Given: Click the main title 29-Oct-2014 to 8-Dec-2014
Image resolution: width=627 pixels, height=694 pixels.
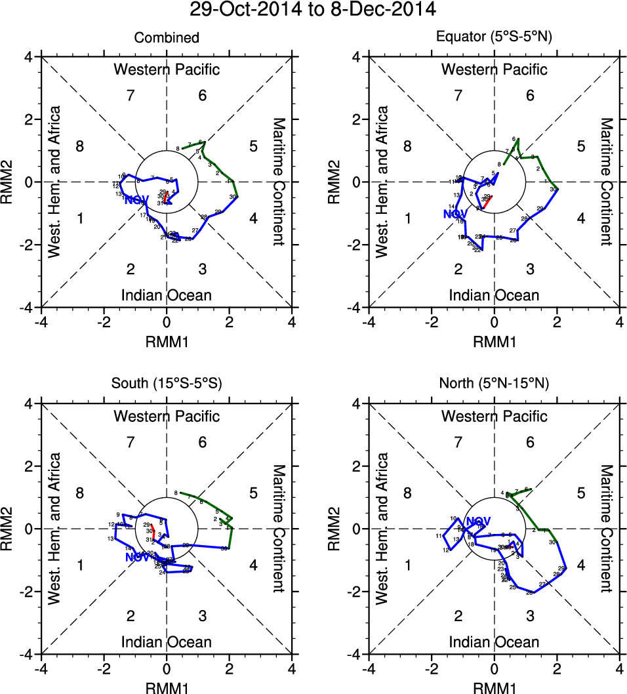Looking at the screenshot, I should tap(313, 10).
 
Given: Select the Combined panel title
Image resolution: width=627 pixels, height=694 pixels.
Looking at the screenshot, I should tap(167, 38).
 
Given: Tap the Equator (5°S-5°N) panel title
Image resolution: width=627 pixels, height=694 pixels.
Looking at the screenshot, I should tap(495, 38).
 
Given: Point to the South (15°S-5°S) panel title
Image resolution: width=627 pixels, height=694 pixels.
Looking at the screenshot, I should tap(167, 384).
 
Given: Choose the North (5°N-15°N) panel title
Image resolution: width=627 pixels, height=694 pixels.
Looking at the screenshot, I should tap(495, 384).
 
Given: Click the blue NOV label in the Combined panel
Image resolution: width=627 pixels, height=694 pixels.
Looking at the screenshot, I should tap(136, 200).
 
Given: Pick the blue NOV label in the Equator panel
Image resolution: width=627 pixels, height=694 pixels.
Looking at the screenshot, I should tap(455, 214).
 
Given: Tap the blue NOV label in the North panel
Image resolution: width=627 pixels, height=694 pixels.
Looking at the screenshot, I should tap(479, 521).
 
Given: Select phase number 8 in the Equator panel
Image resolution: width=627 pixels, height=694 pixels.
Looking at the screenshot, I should tap(407, 146).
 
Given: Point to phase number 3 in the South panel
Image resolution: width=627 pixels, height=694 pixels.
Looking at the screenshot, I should tap(203, 615).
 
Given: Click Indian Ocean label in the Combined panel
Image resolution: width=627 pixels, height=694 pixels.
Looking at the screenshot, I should tap(167, 295).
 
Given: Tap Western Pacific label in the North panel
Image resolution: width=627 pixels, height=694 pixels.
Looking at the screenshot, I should tap(495, 416).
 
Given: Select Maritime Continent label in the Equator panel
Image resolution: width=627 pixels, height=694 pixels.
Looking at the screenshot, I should tap(607, 182).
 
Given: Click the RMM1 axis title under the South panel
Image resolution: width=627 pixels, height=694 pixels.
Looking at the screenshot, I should tap(167, 687).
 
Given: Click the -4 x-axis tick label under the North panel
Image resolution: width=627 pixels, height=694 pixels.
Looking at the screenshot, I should tap(369, 669).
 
